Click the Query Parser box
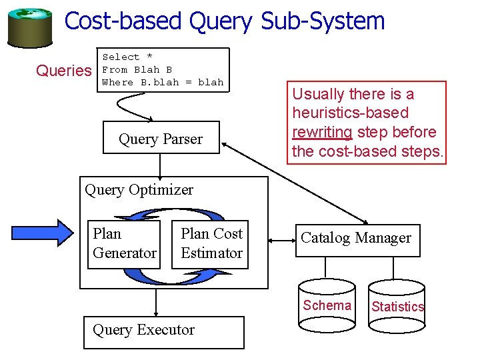tap(161, 138)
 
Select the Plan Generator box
tap(124, 244)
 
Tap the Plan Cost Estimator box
tap(210, 244)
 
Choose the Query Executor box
tap(163, 331)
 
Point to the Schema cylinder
tap(327, 305)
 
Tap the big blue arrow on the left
tap(53, 233)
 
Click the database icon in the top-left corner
tap(30, 27)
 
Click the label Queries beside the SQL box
tap(63, 71)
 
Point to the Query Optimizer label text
tap(139, 190)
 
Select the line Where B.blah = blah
tap(163, 83)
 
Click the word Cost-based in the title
tap(124, 21)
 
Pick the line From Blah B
tap(137, 70)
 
